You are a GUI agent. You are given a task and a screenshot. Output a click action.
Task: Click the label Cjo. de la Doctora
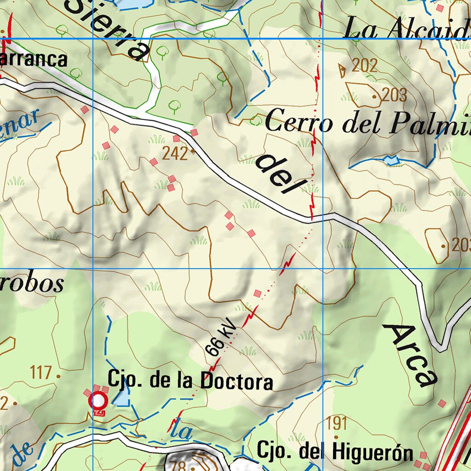pyautogui.click(x=190, y=381)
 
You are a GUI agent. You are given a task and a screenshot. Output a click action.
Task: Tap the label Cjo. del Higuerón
pyautogui.click(x=335, y=452)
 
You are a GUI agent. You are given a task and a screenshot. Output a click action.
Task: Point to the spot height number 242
pyautogui.click(x=175, y=154)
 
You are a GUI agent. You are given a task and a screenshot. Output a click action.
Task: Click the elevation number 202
pyautogui.click(x=364, y=66)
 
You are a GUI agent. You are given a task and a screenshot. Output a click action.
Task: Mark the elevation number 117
pyautogui.click(x=42, y=372)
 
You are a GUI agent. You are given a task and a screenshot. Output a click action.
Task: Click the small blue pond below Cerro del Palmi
pyautogui.click(x=391, y=160)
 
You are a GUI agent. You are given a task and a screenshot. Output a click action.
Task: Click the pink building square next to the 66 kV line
pyautogui.click(x=258, y=293)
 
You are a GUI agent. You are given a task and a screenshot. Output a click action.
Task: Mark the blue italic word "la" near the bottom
pyautogui.click(x=184, y=431)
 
